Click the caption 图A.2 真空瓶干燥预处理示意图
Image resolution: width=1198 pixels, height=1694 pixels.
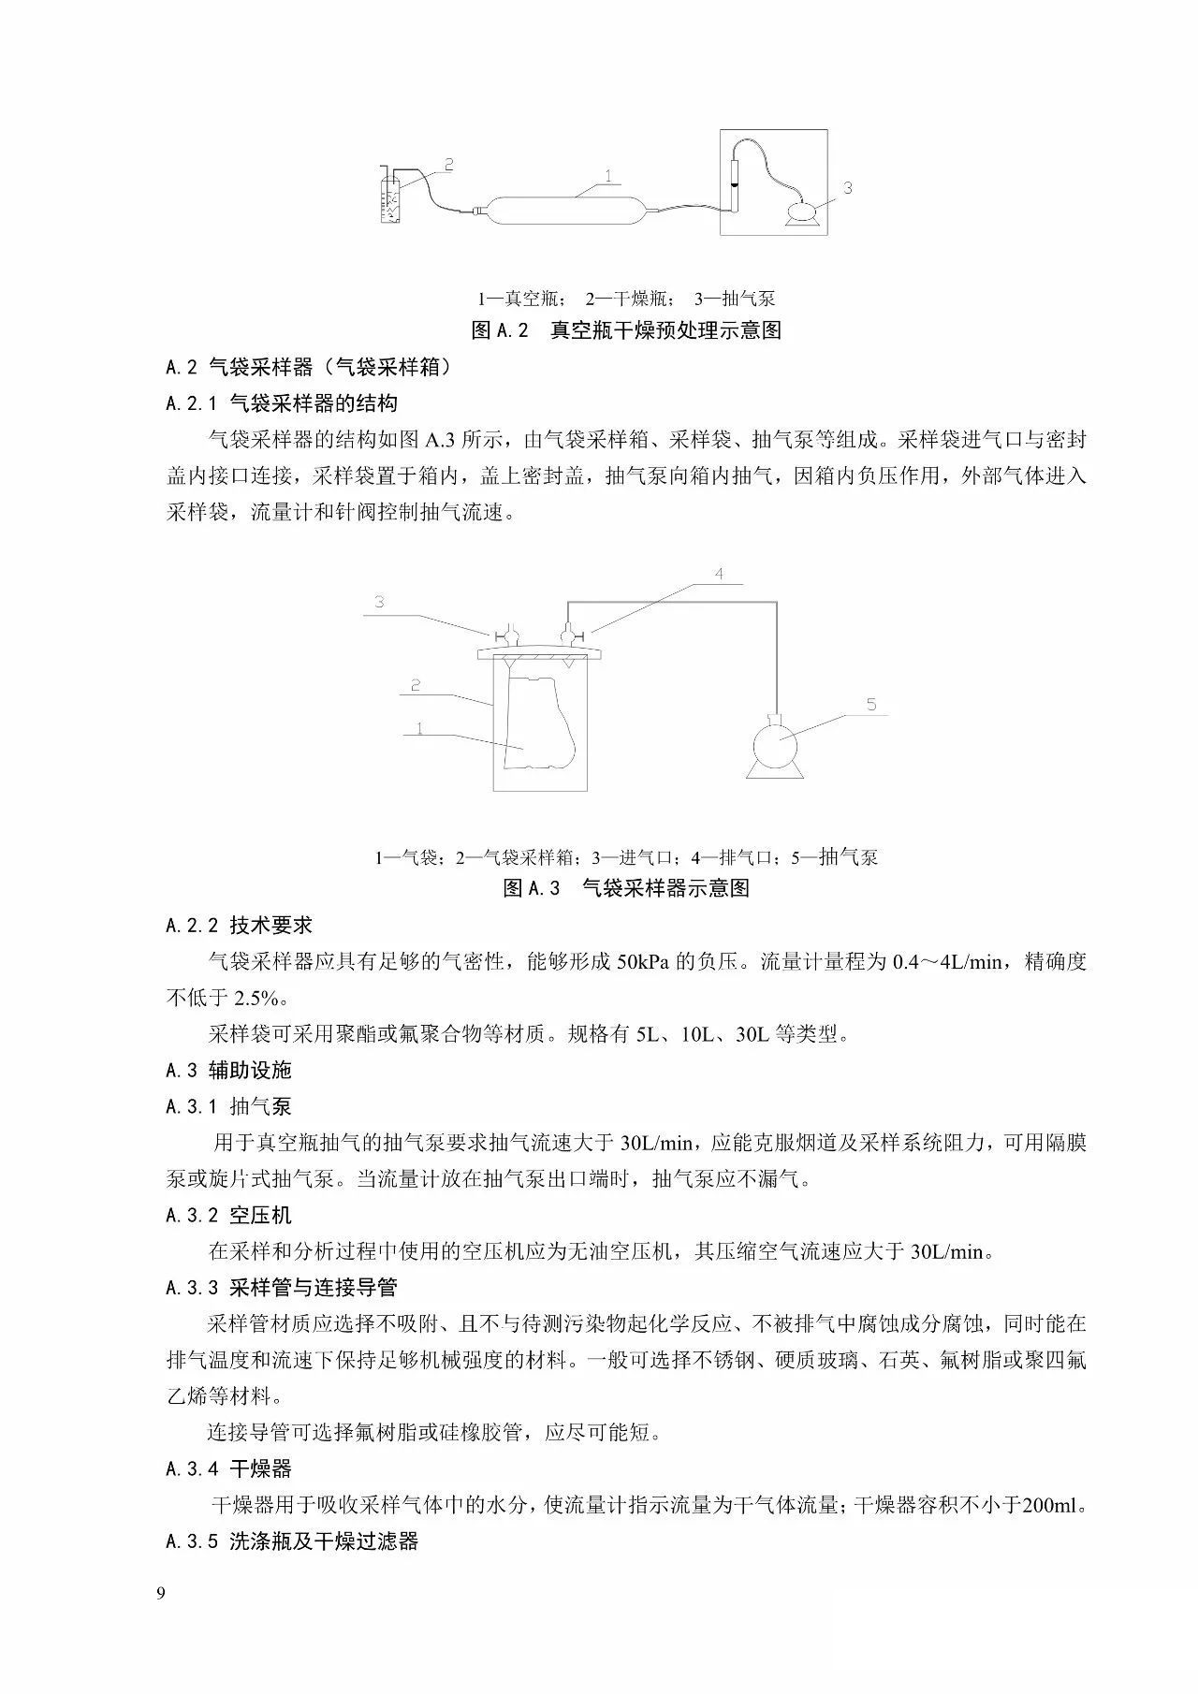(x=626, y=330)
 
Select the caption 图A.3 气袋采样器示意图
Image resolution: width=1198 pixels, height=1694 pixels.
(x=626, y=888)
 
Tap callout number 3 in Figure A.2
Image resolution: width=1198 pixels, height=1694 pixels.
(x=847, y=187)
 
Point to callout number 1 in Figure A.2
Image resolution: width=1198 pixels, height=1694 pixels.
(x=609, y=174)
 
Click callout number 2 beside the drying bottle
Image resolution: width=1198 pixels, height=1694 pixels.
(x=448, y=164)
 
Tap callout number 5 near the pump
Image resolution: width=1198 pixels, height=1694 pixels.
(x=871, y=704)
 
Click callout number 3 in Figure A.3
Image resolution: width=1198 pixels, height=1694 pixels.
(x=380, y=602)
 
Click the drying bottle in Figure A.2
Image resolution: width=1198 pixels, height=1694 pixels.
(x=391, y=196)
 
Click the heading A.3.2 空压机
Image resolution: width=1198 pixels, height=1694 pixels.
(x=228, y=1216)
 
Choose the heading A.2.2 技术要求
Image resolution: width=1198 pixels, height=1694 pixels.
(x=239, y=926)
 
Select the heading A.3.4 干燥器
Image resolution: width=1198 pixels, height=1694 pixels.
(x=228, y=1468)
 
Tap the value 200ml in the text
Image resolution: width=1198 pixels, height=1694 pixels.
(x=1051, y=1505)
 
